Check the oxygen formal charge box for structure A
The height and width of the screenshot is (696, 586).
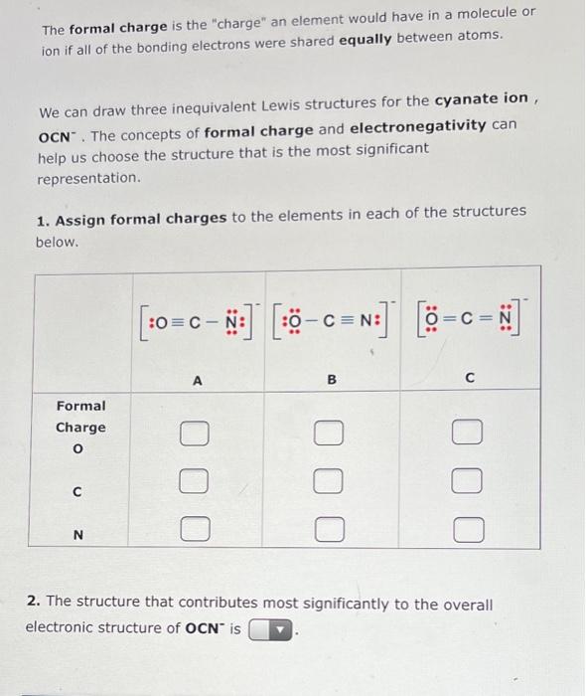tap(196, 434)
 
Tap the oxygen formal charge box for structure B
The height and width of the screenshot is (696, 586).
tap(331, 434)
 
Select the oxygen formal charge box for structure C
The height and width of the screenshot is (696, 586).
tap(467, 434)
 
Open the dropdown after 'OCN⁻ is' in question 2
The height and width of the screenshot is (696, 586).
tap(271, 628)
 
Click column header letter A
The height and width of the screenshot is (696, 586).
tap(197, 379)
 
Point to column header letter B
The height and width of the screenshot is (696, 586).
tap(332, 379)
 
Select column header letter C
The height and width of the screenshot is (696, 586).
tap(469, 379)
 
